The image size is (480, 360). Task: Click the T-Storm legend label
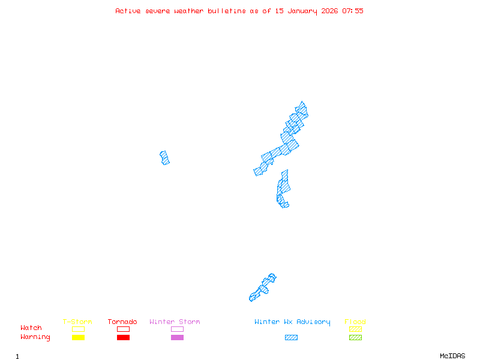coord(77,322)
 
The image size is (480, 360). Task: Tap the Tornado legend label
coord(122,322)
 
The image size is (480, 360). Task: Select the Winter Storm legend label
coord(175,322)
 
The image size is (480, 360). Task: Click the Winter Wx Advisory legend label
coord(292,322)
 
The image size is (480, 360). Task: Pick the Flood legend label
coord(355,322)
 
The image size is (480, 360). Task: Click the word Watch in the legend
coord(31,328)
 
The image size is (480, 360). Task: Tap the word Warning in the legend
coord(35,337)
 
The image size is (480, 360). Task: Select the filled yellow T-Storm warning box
coord(78,338)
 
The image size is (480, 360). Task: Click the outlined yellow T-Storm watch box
coord(78,329)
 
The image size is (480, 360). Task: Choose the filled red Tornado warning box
coord(123,338)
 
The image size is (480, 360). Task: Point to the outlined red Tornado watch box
coord(123,329)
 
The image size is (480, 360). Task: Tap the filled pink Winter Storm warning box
coord(177,338)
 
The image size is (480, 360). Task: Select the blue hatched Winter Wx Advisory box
coord(291,338)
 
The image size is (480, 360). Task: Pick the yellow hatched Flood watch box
coord(355,329)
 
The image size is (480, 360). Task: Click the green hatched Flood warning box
coord(355,338)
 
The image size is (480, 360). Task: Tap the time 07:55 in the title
coord(353,11)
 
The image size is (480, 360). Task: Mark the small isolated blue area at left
coord(164,158)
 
